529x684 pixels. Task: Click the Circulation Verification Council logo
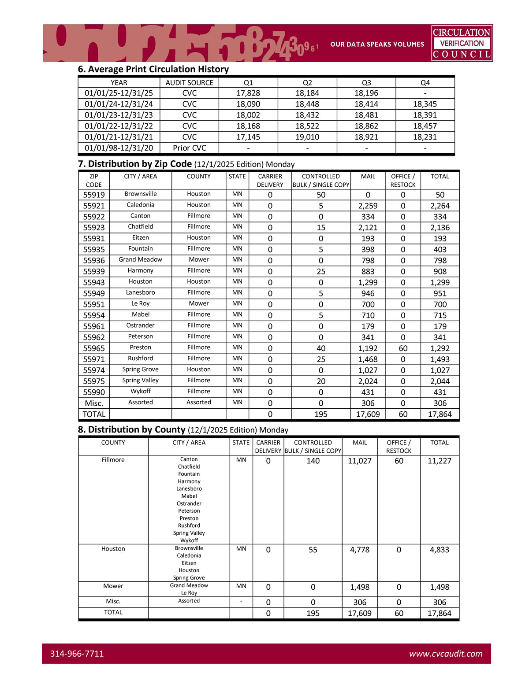point(462,43)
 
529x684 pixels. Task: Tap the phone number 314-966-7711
point(77,654)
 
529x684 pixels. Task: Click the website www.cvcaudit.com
point(446,654)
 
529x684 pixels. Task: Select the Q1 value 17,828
point(248,93)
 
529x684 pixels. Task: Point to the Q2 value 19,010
point(307,137)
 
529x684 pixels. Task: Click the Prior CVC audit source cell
point(190,148)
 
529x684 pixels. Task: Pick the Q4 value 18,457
point(425,126)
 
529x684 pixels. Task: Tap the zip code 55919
point(94,195)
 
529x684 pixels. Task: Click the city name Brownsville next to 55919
point(141,194)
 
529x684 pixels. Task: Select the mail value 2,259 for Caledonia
point(368,206)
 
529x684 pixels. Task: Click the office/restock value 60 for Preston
point(403,348)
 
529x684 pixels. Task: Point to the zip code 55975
point(94,381)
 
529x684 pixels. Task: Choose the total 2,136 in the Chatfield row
point(440,228)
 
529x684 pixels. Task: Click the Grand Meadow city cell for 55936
point(141,260)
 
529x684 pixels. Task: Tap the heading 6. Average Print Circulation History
point(153,69)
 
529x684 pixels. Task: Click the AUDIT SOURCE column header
point(190,83)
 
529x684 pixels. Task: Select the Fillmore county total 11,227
point(440,461)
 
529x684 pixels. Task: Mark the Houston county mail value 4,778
point(360,550)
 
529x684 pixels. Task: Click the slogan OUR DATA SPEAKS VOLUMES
point(377,44)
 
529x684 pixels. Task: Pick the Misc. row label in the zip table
point(94,403)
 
